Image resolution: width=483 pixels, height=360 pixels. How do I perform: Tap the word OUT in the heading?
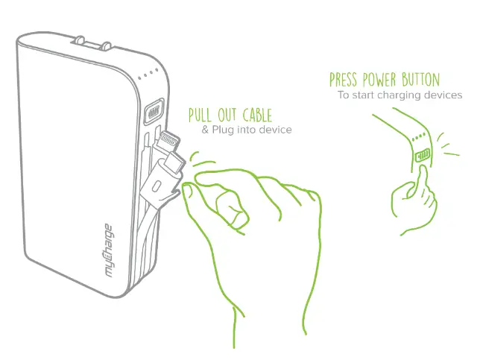227,116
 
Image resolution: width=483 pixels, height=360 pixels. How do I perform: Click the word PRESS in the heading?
345,80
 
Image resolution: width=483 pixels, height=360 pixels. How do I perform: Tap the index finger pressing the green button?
422,179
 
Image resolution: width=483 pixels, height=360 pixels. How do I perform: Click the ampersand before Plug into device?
206,130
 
